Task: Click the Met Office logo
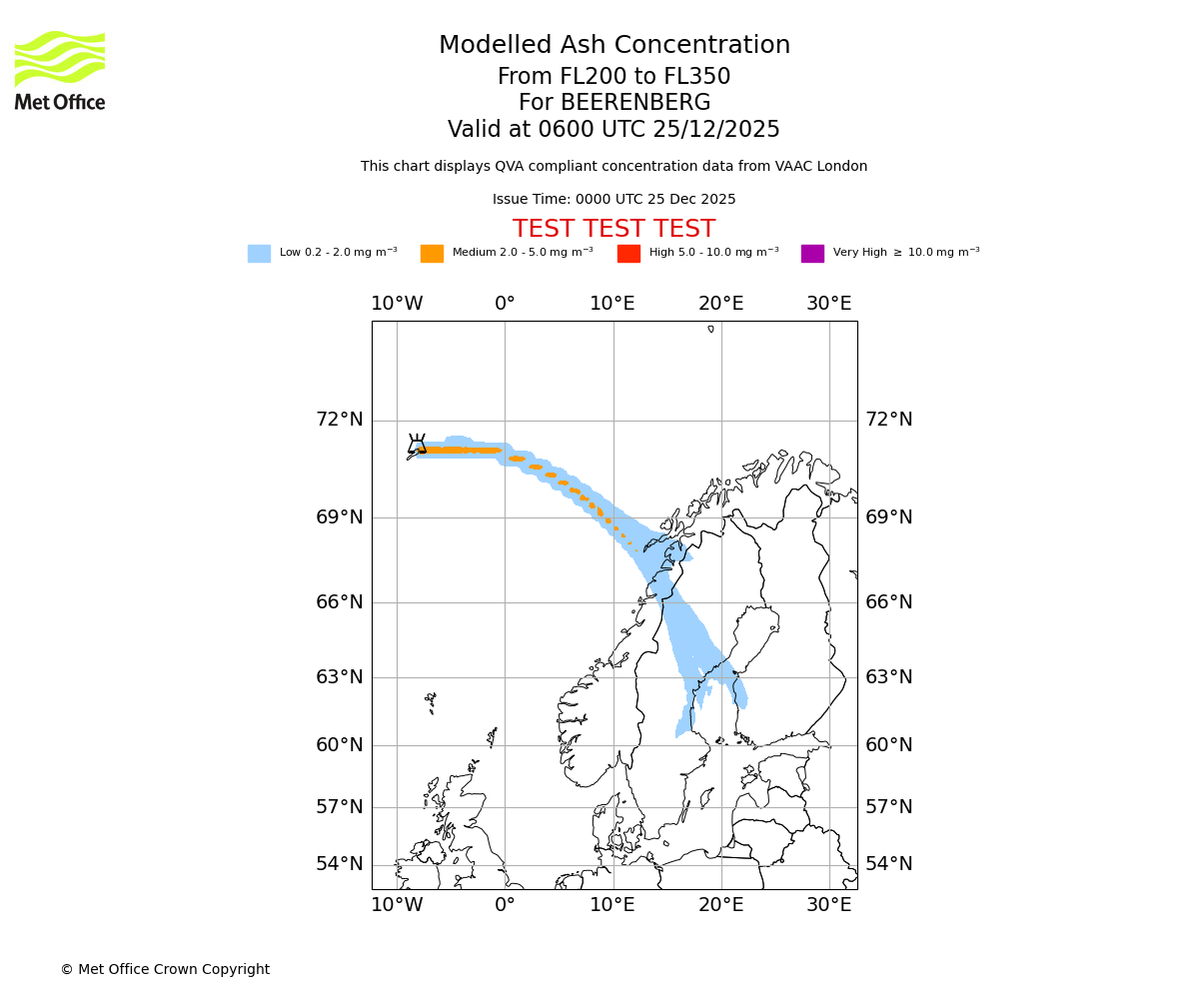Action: click(60, 70)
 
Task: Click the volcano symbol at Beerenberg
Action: click(417, 445)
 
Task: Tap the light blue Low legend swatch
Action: click(259, 254)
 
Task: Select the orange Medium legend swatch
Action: click(432, 254)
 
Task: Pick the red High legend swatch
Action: click(628, 254)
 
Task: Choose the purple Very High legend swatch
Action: click(812, 254)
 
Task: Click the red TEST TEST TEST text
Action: click(613, 229)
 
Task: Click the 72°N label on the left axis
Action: click(340, 420)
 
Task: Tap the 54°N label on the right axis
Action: click(888, 864)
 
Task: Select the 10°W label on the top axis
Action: click(397, 304)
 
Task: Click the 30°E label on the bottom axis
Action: click(829, 905)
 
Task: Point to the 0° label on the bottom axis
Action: click(505, 905)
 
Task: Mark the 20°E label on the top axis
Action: click(720, 304)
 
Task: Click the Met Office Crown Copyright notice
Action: click(165, 969)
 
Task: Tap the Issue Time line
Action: click(613, 199)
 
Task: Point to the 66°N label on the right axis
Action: click(888, 602)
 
